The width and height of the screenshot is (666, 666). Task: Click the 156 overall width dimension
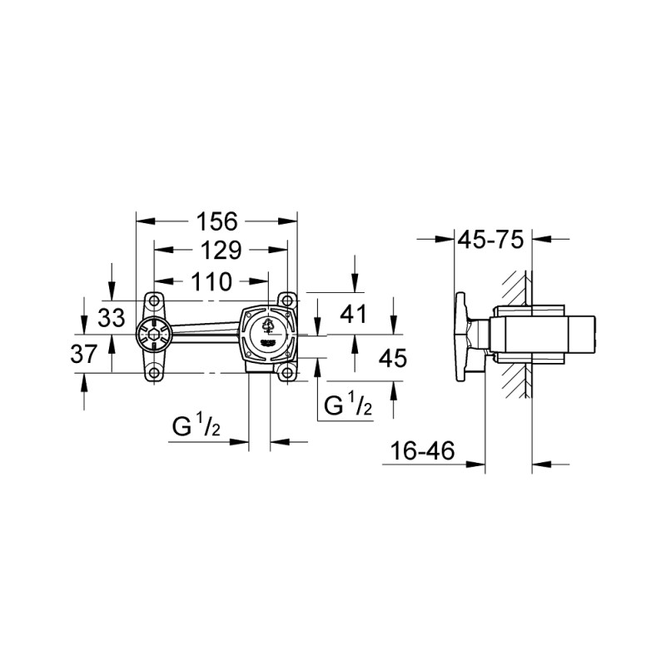[x=216, y=221]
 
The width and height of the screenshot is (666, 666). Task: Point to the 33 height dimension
[x=110, y=317]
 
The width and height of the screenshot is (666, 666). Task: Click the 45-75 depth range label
[x=491, y=240]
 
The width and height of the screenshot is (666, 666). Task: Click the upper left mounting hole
[x=153, y=301]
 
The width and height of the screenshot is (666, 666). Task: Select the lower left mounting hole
[x=153, y=372]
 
